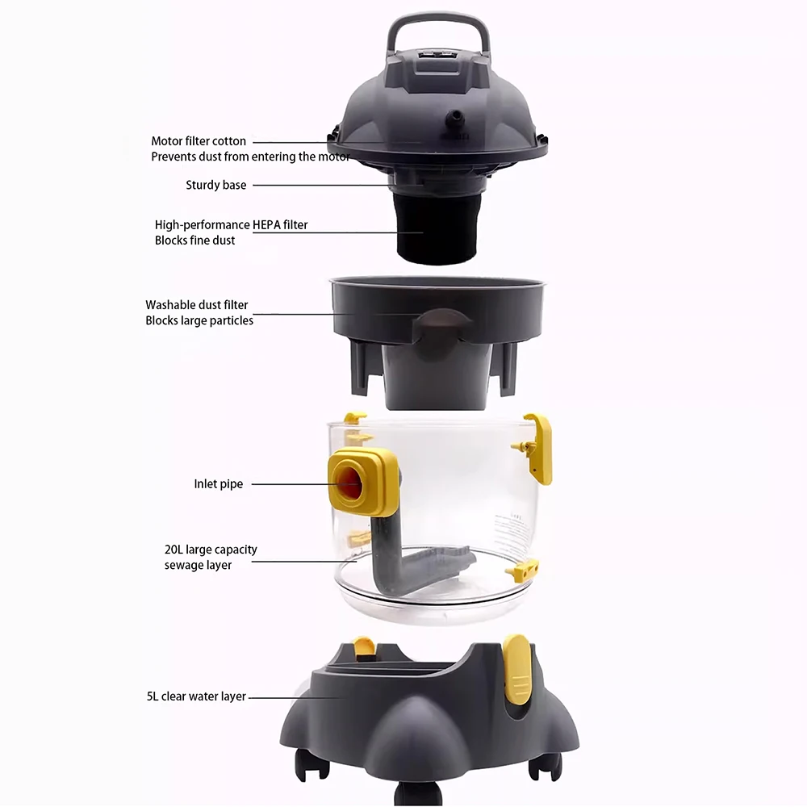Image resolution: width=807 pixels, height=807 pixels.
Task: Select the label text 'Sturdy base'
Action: tap(216, 186)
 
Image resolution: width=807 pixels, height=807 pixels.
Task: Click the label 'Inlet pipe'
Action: tap(218, 484)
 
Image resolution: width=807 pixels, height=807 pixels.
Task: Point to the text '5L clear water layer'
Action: tap(196, 696)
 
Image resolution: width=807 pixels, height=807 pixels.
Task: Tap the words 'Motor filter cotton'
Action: tap(199, 141)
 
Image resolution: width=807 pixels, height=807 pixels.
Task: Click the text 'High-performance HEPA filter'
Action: tap(231, 225)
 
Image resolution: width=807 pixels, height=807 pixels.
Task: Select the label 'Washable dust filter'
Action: tap(196, 305)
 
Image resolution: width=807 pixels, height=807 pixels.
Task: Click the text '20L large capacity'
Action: tap(211, 550)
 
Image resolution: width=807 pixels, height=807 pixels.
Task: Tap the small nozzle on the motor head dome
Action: tap(457, 119)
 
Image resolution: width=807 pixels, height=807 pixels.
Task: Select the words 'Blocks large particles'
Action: tap(199, 320)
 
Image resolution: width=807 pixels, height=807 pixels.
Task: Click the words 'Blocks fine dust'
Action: tap(194, 240)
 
